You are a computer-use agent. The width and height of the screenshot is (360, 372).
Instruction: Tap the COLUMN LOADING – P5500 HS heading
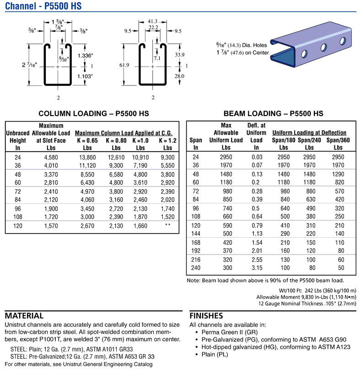point(94,113)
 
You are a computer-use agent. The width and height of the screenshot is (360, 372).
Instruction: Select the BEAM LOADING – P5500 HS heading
point(273,113)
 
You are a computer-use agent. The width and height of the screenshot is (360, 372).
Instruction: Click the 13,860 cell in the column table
point(87,157)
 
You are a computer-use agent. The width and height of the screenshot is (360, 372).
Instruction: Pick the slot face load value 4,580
point(51,157)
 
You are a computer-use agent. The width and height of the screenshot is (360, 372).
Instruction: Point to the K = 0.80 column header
point(116,141)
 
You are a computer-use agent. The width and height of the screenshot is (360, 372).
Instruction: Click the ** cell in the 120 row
point(167,225)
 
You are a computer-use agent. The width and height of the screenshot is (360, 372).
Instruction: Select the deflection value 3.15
point(257,267)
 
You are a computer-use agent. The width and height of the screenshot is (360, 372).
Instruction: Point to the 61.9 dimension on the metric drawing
point(124,65)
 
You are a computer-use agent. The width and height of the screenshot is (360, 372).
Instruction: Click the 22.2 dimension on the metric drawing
point(153,28)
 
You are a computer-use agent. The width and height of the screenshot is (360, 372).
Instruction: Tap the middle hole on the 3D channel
point(323,47)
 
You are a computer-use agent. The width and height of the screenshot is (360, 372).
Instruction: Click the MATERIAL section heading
point(24,316)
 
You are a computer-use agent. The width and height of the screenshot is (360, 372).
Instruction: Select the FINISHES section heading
point(206,316)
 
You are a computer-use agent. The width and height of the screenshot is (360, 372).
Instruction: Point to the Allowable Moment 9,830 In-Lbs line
point(306,297)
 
